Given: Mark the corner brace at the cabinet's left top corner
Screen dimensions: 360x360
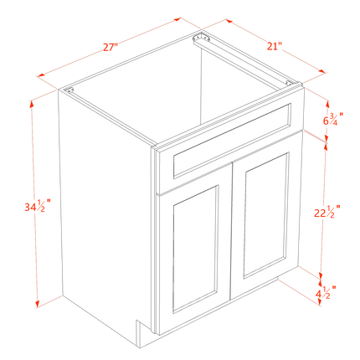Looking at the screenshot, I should pos(71,90).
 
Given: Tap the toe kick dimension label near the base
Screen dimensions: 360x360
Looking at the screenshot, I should pos(326,292).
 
